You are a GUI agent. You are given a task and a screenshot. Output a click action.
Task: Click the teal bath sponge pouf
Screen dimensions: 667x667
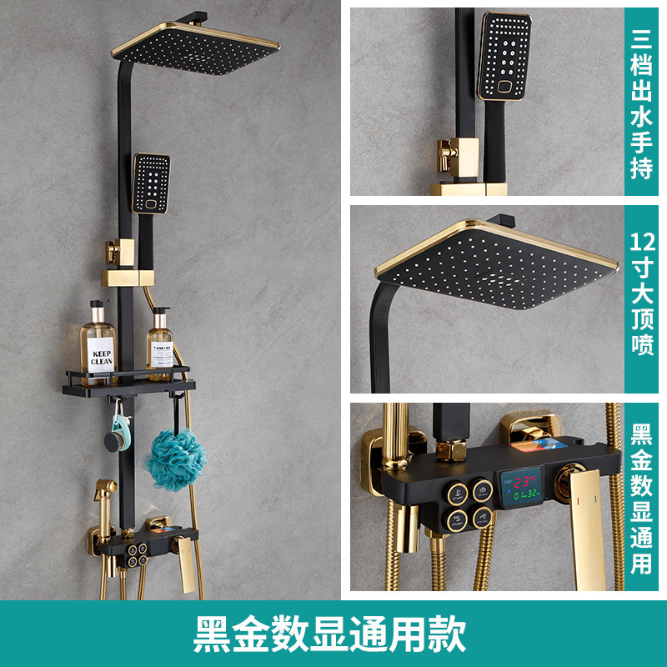[176, 459]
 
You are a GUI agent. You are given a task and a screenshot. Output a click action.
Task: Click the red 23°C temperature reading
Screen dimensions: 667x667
[524, 482]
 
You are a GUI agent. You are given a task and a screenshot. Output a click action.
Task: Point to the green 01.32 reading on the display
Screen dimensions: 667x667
[527, 494]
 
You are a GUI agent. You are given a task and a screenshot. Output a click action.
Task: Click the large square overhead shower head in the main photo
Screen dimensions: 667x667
[196, 48]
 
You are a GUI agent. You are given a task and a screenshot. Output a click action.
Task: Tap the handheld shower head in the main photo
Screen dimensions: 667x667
[151, 183]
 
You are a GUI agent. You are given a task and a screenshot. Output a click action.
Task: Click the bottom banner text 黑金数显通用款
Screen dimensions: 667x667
[329, 634]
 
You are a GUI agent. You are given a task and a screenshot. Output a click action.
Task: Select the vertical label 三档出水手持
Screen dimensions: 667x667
[641, 103]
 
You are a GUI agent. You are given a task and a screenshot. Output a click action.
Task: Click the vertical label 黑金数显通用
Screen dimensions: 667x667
[641, 499]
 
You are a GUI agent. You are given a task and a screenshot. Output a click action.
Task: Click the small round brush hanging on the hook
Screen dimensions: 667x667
[115, 439]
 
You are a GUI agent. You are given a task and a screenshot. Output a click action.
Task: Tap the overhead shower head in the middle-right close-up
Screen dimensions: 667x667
[496, 263]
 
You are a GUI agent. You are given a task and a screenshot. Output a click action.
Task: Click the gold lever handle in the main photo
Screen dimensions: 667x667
[186, 564]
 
